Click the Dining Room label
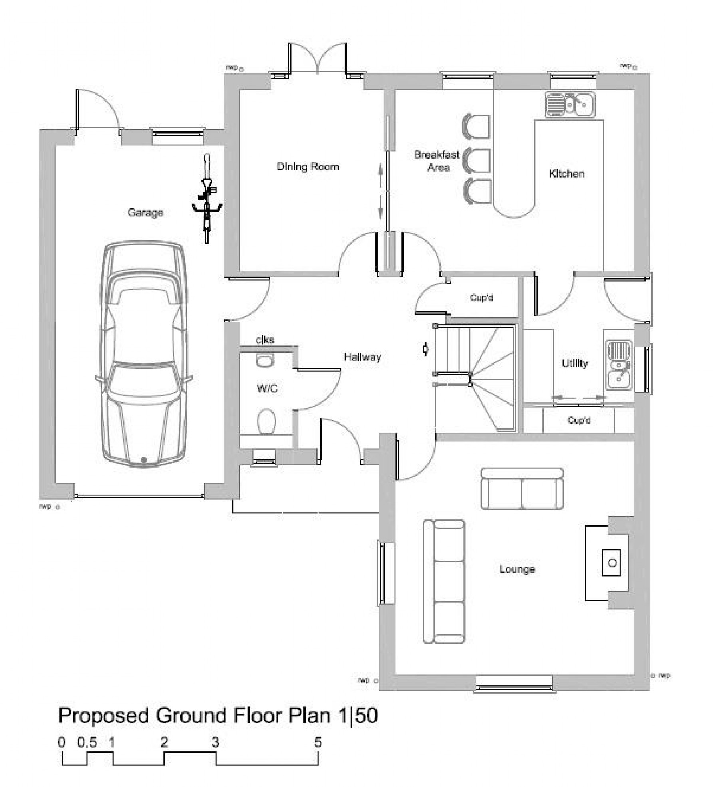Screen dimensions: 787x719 point(308,167)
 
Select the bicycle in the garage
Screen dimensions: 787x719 point(207,200)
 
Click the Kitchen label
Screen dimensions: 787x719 point(566,174)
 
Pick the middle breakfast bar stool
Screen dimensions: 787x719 point(477,161)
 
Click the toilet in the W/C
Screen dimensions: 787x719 point(266,422)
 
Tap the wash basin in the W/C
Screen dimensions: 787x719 point(264,361)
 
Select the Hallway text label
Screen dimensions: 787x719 point(362,357)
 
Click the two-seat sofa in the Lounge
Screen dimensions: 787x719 point(522,489)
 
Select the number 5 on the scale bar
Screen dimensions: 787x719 point(318,742)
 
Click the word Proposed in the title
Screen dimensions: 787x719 point(104,715)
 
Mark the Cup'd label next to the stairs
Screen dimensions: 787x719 point(481,297)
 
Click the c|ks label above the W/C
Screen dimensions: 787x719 point(265,340)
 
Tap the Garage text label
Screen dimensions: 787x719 point(145,212)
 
